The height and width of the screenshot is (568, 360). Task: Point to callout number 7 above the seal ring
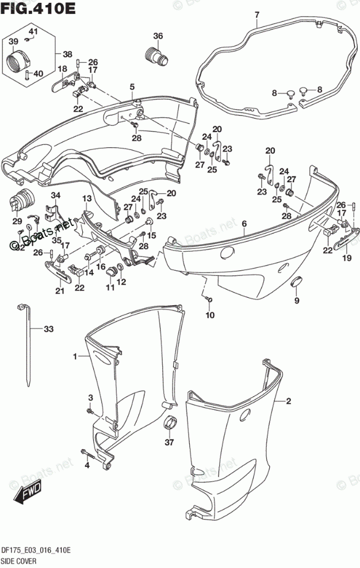[x=256, y=14]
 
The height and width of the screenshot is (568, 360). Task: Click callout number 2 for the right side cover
[x=289, y=401]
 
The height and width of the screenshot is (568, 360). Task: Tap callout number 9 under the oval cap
[x=297, y=300]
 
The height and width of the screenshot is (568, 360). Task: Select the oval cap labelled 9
[x=298, y=281]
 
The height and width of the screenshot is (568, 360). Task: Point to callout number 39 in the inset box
[x=14, y=42]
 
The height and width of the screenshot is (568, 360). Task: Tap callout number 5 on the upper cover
[x=132, y=87]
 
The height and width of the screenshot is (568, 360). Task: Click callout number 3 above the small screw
[x=90, y=398]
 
